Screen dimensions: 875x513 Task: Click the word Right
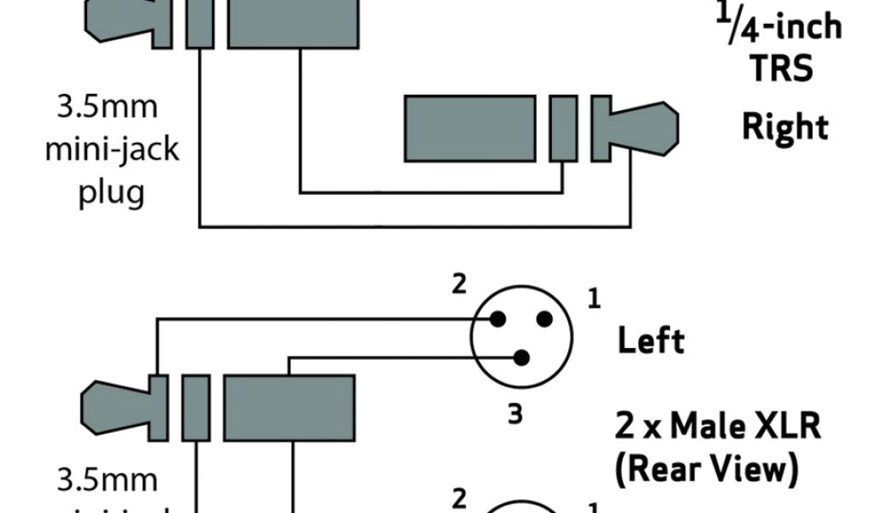(784, 127)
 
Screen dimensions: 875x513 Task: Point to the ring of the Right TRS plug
(562, 128)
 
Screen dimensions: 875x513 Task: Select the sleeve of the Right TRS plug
(470, 128)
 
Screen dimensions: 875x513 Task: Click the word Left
(651, 342)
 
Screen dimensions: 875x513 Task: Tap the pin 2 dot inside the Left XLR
(496, 320)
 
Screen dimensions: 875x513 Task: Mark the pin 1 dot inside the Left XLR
(542, 320)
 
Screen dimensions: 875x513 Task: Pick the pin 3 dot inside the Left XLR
(520, 357)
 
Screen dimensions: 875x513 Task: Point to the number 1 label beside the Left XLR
(594, 299)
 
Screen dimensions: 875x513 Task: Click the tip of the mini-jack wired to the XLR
(115, 401)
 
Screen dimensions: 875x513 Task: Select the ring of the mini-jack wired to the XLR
(196, 401)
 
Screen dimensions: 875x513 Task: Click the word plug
(111, 192)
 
